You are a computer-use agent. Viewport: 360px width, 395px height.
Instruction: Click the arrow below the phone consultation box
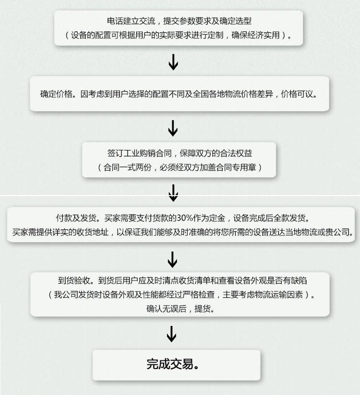[173, 62]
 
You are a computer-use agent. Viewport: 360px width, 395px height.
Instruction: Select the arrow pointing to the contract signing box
[173, 128]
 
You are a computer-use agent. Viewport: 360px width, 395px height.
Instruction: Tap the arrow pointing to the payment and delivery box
[173, 193]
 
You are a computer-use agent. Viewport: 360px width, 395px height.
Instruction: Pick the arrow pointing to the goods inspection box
[172, 259]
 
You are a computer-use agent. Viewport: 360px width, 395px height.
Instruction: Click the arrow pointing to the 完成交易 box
[171, 334]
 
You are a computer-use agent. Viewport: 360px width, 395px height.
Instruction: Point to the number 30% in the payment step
[185, 218]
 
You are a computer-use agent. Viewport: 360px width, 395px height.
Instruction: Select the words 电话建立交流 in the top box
[131, 21]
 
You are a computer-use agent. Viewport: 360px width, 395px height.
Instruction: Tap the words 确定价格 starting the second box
[56, 94]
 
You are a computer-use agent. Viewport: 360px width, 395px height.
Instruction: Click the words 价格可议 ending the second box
[297, 94]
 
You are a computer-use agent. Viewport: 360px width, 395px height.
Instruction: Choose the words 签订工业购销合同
[140, 153]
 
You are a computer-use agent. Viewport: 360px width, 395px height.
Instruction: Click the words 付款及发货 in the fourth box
[76, 218]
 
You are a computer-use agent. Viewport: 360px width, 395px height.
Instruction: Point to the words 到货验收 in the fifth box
[74, 280]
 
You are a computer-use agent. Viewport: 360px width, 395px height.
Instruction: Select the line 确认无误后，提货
[180, 309]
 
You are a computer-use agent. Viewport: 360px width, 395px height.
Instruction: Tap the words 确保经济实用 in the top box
[255, 35]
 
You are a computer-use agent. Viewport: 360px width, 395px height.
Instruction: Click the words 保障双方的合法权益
[216, 153]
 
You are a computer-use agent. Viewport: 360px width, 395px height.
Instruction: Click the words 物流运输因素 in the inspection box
[279, 295]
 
